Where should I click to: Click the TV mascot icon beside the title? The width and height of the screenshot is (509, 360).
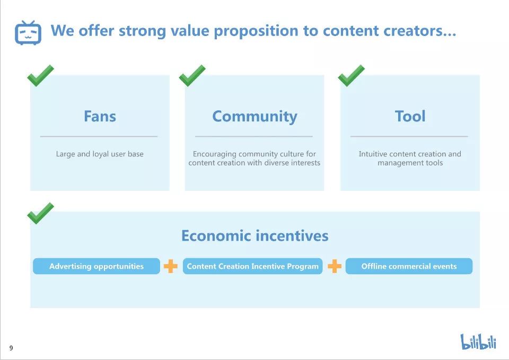tap(28, 32)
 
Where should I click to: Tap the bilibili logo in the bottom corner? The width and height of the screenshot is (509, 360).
tap(478, 341)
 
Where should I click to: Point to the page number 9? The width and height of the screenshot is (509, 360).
tap(11, 348)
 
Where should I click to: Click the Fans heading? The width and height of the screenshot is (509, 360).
tap(100, 116)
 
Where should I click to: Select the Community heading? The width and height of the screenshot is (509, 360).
tap(254, 117)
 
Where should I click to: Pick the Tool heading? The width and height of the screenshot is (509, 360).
tap(410, 116)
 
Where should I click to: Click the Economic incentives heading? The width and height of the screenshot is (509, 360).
tap(255, 236)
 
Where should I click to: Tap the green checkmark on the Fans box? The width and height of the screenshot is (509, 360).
tap(41, 76)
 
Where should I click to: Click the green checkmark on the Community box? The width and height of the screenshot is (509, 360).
tap(192, 76)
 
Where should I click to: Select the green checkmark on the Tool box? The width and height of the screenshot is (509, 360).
tap(351, 76)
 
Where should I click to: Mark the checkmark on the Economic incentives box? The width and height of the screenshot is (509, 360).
tap(41, 213)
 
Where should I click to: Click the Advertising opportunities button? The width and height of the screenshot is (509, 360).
tap(96, 266)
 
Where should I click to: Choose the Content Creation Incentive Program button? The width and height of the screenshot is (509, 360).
tap(252, 266)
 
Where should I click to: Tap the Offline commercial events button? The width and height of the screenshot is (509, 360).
tap(409, 266)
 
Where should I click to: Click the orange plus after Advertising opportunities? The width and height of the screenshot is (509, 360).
tap(170, 266)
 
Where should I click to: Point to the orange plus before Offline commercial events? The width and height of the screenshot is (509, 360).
tap(335, 266)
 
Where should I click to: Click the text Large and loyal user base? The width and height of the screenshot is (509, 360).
tap(100, 154)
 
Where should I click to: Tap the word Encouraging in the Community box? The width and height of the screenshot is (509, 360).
tap(215, 154)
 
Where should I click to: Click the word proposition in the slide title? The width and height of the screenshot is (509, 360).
tap(256, 31)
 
